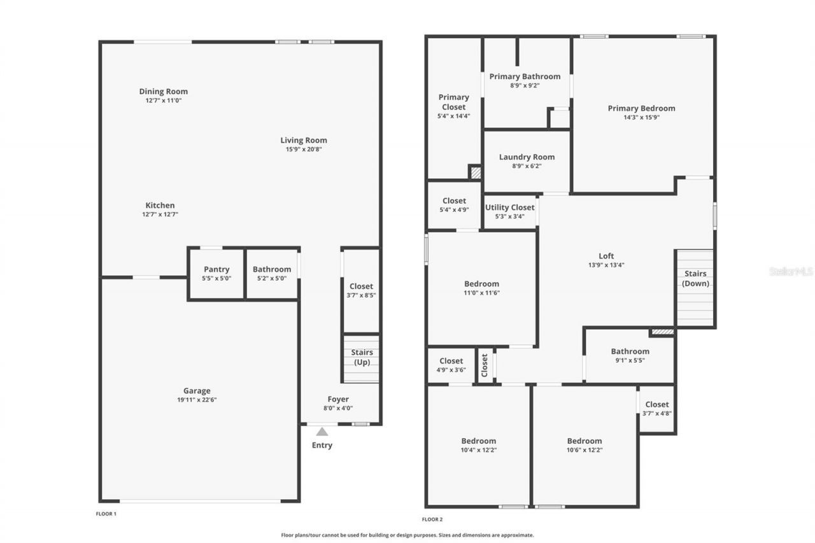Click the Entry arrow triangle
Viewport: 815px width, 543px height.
[322, 432]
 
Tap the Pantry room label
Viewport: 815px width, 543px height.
[216, 269]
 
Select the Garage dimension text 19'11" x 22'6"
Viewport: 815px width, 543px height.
[197, 400]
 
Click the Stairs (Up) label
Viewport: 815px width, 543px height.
[362, 357]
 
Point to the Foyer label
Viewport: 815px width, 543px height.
[338, 399]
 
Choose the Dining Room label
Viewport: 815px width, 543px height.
[164, 92]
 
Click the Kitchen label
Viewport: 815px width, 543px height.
[160, 206]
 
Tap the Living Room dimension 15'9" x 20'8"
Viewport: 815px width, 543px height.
[304, 150]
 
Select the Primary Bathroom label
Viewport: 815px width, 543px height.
[525, 76]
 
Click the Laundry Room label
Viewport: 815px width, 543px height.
[527, 157]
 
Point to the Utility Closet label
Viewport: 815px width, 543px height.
[510, 208]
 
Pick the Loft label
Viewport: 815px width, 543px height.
[606, 256]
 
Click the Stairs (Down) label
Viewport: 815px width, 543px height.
[695, 278]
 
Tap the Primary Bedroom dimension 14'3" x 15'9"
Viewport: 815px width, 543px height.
[641, 117]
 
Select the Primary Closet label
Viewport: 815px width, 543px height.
[454, 102]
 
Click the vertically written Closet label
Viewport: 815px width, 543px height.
[485, 365]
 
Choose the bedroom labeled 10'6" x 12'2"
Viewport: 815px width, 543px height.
[585, 445]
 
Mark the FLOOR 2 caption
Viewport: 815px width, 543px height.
[432, 519]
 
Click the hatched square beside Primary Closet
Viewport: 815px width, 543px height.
[475, 172]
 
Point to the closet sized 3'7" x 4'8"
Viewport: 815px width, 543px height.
[657, 408]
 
